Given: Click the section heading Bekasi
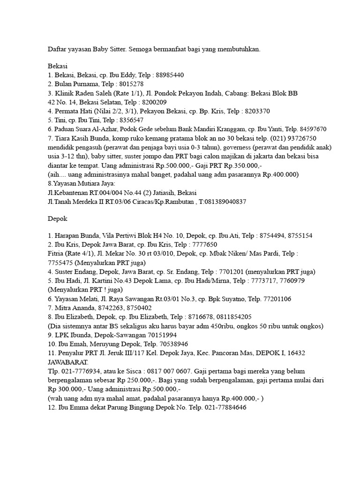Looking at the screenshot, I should point(58,67).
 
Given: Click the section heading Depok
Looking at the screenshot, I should point(58,219).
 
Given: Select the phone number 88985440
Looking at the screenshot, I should point(169,75).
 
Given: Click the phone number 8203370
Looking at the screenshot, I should point(255,111).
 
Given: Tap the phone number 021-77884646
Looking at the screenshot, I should point(224,407).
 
